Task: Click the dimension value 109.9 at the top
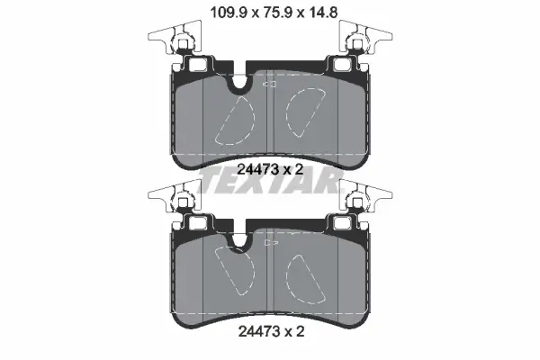[x=229, y=13]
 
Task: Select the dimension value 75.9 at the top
[x=278, y=13]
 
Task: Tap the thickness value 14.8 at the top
[x=323, y=13]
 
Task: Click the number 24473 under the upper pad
[x=257, y=169]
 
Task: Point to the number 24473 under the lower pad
[x=258, y=332]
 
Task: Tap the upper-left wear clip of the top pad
[x=175, y=37]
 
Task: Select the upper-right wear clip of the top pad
[x=365, y=37]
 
